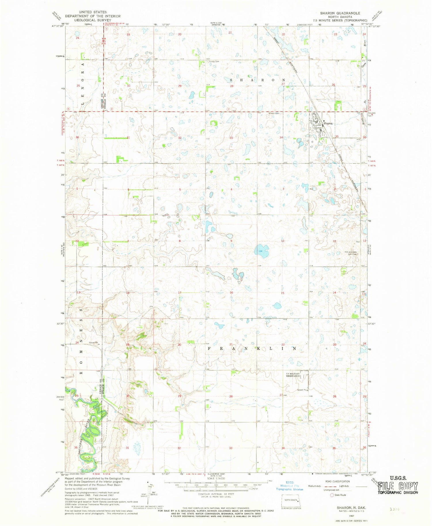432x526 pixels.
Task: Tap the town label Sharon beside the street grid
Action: click(328, 123)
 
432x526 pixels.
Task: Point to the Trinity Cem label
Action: click(214, 61)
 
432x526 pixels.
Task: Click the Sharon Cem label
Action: click(274, 113)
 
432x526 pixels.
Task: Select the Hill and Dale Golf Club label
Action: click(351, 253)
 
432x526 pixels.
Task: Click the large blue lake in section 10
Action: click(261, 250)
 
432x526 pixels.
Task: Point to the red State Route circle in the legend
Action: click(332, 495)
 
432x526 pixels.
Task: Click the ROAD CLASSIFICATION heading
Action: click(337, 481)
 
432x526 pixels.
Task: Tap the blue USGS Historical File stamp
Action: click(290, 486)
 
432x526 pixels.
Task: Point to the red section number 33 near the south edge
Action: click(231, 448)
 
